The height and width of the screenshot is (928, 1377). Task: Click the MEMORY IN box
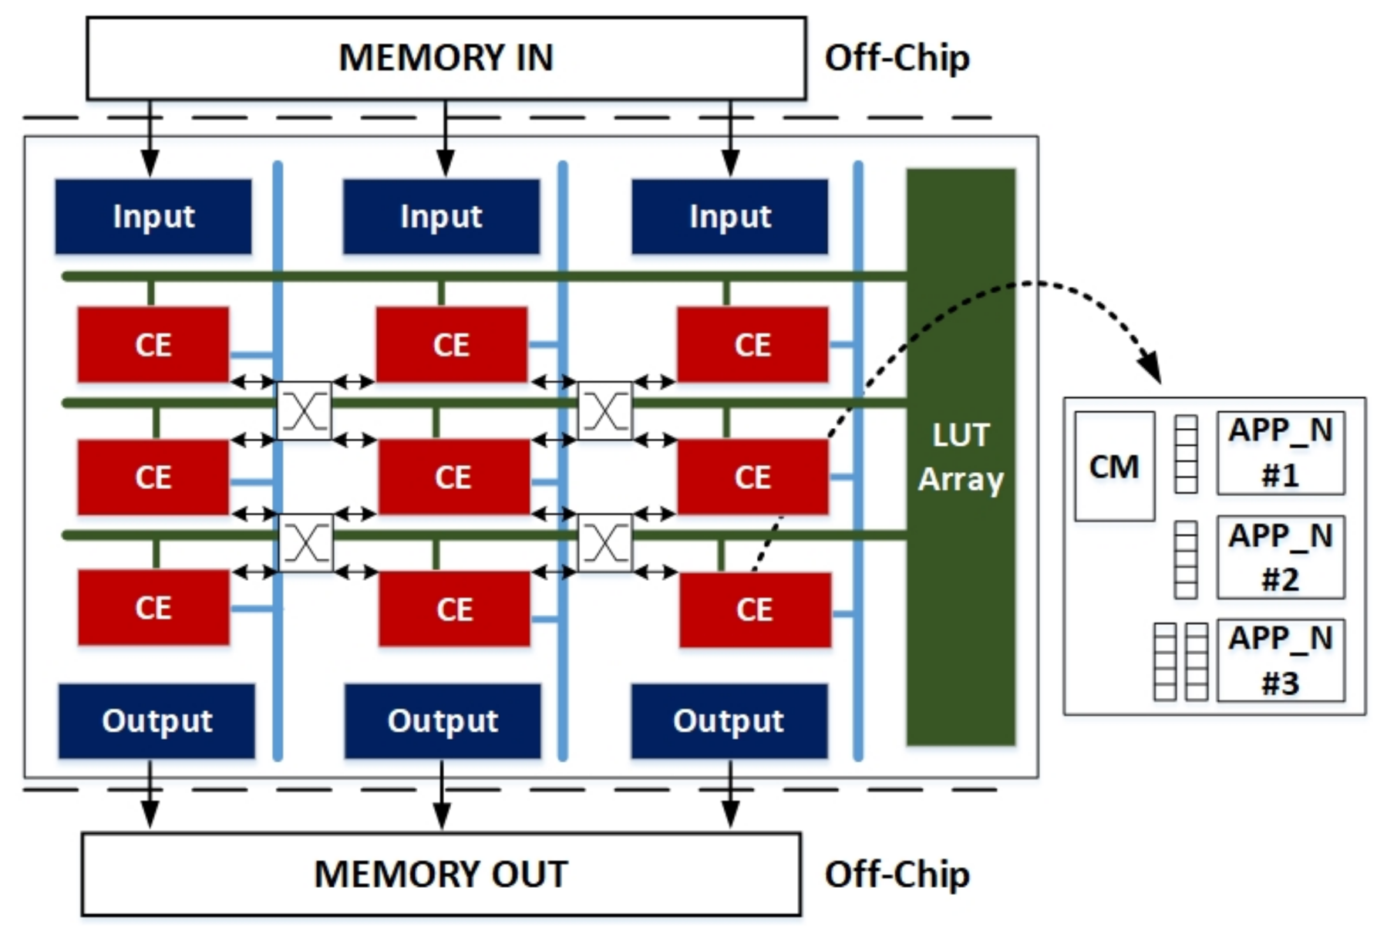pyautogui.click(x=446, y=59)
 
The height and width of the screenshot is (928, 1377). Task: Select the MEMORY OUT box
pyautogui.click(x=440, y=874)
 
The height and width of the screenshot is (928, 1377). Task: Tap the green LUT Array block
pyautogui.click(x=960, y=457)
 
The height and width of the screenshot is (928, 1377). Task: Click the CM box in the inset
pyautogui.click(x=1114, y=467)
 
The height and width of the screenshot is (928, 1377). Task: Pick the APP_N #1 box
pyautogui.click(x=1280, y=453)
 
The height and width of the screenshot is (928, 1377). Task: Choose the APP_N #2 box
pyautogui.click(x=1280, y=557)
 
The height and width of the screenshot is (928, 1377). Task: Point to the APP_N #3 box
pyautogui.click(x=1280, y=660)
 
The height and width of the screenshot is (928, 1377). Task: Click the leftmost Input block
pyautogui.click(x=153, y=217)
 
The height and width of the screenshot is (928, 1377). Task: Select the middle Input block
pyautogui.click(x=441, y=217)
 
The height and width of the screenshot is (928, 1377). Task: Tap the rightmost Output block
pyautogui.click(x=729, y=720)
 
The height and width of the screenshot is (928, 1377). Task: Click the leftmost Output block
pyautogui.click(x=157, y=720)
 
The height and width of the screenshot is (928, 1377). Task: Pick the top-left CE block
pyautogui.click(x=153, y=344)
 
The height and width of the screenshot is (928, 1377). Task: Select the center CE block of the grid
pyautogui.click(x=453, y=477)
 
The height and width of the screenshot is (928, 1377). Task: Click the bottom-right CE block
pyautogui.click(x=755, y=609)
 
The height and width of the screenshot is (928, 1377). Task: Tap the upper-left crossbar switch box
pyautogui.click(x=304, y=411)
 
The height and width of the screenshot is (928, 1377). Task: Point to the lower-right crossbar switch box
pyautogui.click(x=604, y=543)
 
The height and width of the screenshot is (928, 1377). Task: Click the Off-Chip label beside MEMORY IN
pyautogui.click(x=897, y=59)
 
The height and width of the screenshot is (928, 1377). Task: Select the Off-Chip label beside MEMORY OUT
pyautogui.click(x=897, y=874)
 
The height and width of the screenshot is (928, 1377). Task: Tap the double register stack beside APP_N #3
pyautogui.click(x=1180, y=661)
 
